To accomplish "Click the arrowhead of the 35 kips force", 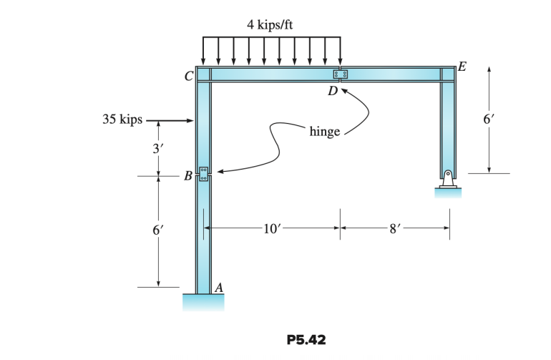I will tap(191, 121).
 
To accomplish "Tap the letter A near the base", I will tap(219, 286).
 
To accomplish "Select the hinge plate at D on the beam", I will tap(341, 74).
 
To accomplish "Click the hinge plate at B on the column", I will tap(203, 173).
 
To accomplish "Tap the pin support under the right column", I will tap(447, 180).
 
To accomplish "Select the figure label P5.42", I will tap(306, 340).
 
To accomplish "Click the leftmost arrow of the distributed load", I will tap(204, 51).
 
